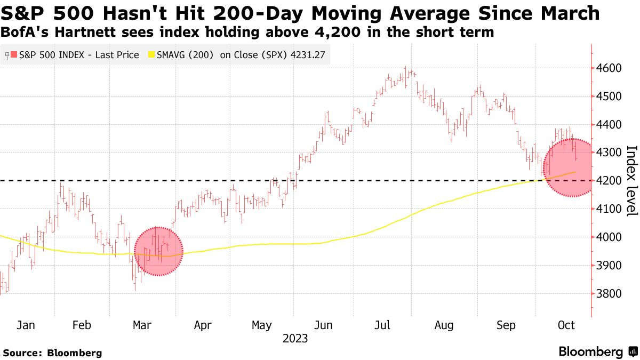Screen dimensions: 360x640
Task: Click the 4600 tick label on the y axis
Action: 609,68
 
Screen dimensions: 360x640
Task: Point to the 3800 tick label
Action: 609,294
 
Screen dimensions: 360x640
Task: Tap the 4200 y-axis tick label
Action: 609,181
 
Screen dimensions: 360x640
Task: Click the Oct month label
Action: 566,325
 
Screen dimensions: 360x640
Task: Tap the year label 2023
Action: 295,339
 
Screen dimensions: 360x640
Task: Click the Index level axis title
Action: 631,181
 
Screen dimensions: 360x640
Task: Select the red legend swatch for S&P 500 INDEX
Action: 14,55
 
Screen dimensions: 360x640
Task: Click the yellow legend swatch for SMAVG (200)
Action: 151,55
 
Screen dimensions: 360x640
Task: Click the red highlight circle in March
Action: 158,251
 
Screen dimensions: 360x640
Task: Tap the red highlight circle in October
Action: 567,168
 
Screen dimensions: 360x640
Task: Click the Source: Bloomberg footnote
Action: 52,353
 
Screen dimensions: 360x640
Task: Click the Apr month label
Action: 203,325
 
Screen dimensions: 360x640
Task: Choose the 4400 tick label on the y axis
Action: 609,124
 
